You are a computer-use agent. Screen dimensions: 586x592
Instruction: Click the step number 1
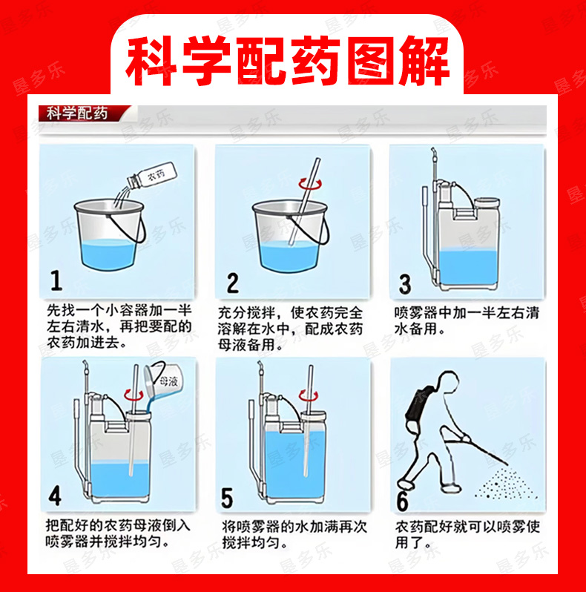tap(56, 280)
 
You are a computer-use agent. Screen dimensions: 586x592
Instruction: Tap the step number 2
tap(233, 283)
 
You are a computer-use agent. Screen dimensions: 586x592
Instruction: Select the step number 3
tap(405, 284)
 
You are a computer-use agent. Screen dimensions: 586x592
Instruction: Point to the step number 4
tap(55, 496)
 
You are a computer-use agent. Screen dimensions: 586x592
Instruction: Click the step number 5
tap(227, 499)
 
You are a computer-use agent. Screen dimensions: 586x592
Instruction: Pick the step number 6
tap(402, 501)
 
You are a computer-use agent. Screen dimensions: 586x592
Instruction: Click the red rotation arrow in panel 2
tap(310, 184)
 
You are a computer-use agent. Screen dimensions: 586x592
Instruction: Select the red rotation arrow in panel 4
tap(134, 395)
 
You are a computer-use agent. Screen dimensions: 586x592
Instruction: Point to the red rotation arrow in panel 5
tap(309, 395)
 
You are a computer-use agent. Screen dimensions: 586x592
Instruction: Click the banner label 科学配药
tap(77, 114)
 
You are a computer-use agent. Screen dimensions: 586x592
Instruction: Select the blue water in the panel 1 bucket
tap(108, 254)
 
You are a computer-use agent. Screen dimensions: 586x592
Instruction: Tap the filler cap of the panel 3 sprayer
tap(487, 203)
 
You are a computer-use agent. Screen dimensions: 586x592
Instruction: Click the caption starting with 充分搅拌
tap(290, 329)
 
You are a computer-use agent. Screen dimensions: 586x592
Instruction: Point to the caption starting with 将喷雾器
tap(294, 534)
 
